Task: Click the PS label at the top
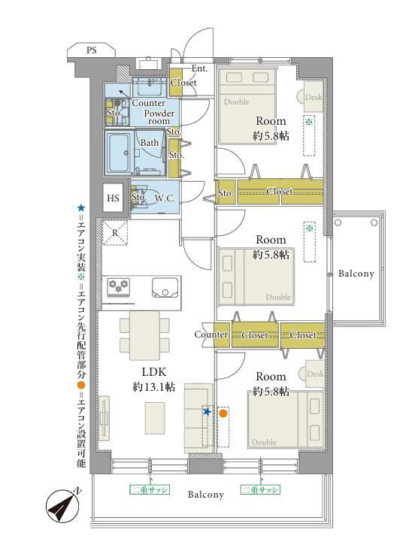[x=91, y=50]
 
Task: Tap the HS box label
[x=113, y=198]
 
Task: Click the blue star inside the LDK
[x=207, y=412]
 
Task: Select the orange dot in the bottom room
[x=223, y=413]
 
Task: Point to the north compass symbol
[x=63, y=506]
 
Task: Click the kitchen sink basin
[x=165, y=288]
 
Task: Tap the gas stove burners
[x=119, y=287]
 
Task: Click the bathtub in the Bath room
[x=119, y=153]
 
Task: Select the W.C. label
[x=165, y=198]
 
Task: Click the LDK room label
[x=154, y=372]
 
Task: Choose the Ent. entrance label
[x=199, y=68]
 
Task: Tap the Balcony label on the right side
[x=356, y=274]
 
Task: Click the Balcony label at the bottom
[x=206, y=495]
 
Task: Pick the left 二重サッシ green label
[x=149, y=489]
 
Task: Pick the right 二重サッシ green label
[x=260, y=489]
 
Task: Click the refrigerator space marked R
[x=115, y=233]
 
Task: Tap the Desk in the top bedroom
[x=313, y=97]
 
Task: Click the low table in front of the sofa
[x=155, y=418]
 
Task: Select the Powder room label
[x=159, y=117]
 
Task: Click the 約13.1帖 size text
[x=154, y=387]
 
